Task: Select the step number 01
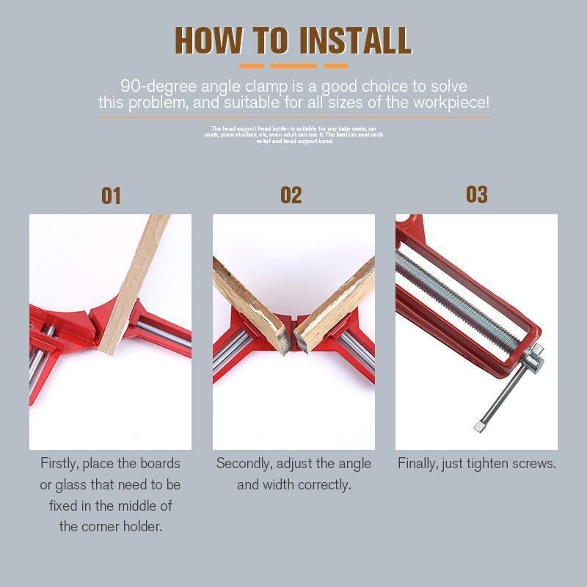pyautogui.click(x=111, y=196)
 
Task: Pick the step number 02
pyautogui.click(x=291, y=195)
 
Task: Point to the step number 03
pyautogui.click(x=476, y=194)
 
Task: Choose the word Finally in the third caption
pyautogui.click(x=420, y=464)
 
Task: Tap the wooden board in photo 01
pyautogui.click(x=135, y=279)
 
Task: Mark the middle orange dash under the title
pyautogui.click(x=293, y=66)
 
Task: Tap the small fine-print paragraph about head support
pyautogui.click(x=293, y=134)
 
